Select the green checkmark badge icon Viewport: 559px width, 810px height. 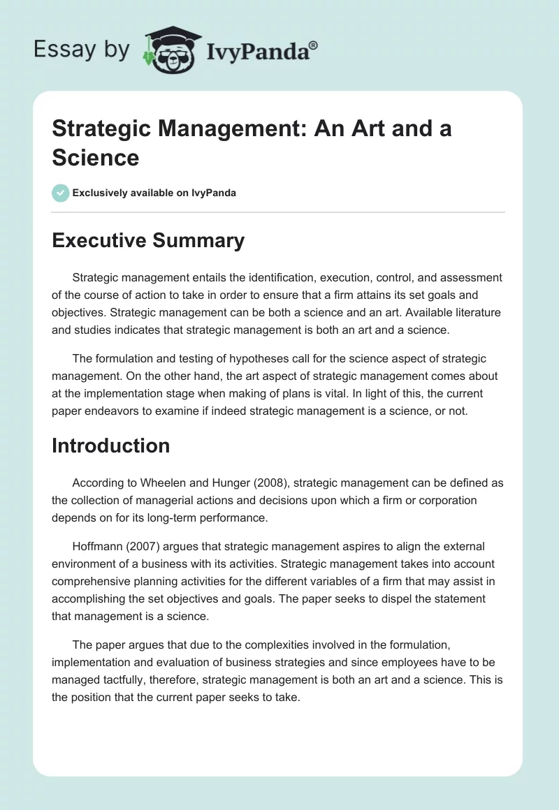point(61,193)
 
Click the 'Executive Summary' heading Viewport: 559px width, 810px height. point(148,241)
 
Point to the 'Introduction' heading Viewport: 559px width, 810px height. point(110,445)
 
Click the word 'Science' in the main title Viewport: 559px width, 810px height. point(95,157)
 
